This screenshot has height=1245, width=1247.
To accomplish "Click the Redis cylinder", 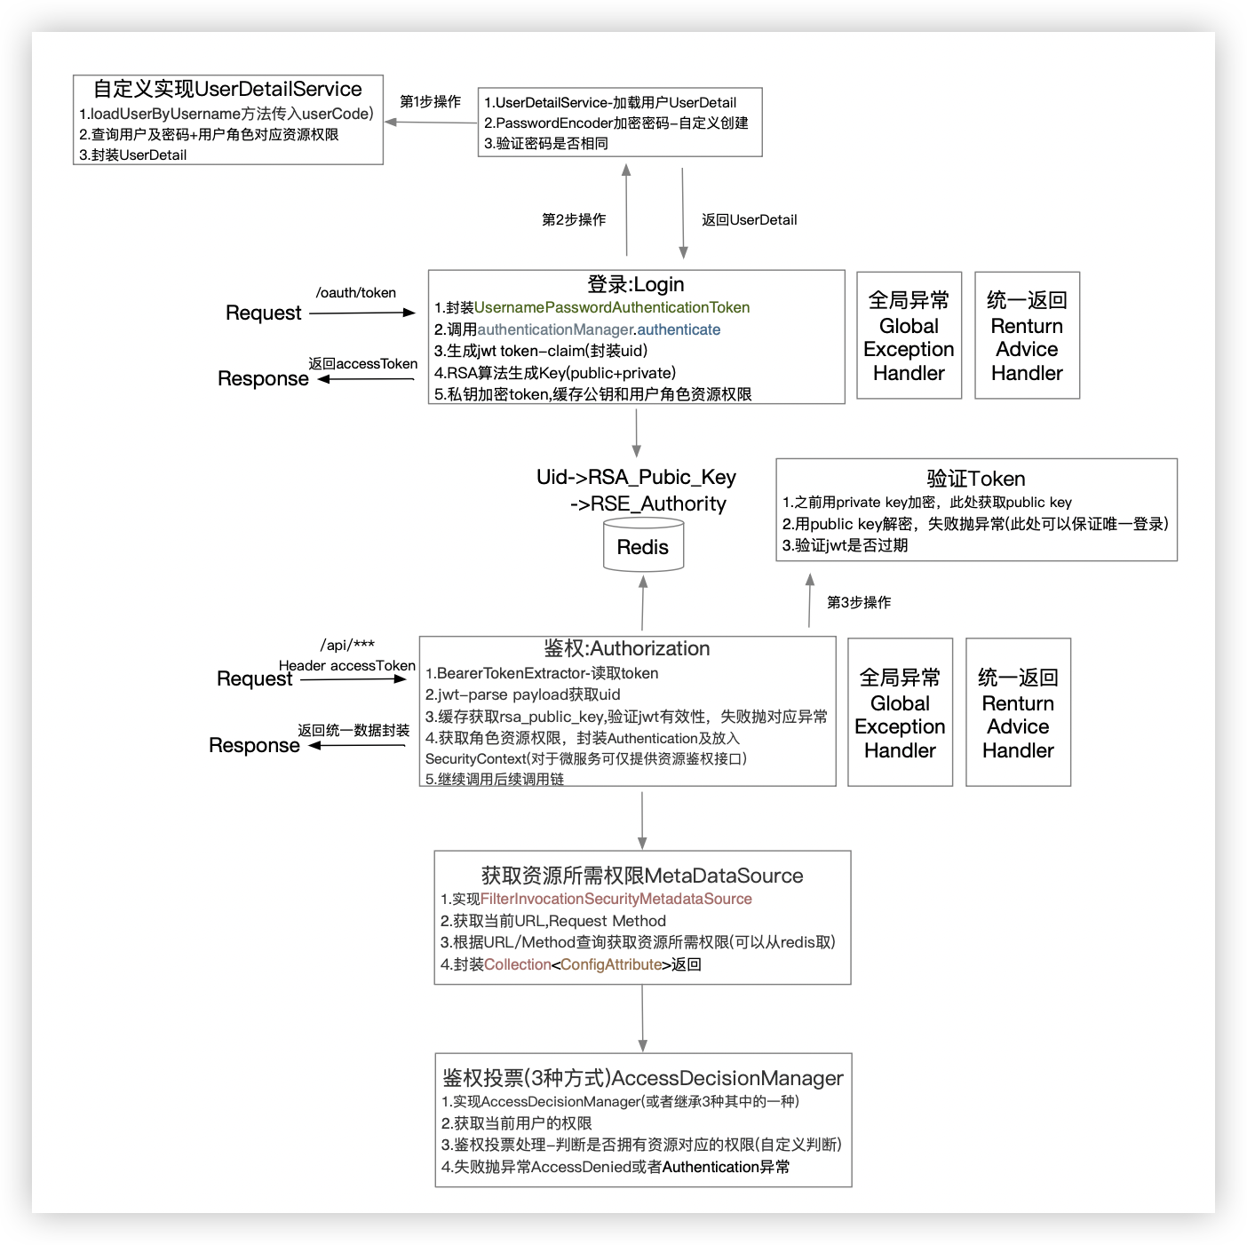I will click(x=642, y=546).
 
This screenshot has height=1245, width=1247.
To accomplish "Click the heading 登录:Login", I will click(x=635, y=284).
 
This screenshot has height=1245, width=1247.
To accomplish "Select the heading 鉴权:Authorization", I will click(x=626, y=648).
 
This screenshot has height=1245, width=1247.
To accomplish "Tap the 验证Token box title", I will click(x=975, y=479).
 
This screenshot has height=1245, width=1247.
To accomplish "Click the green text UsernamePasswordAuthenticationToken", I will click(x=612, y=307).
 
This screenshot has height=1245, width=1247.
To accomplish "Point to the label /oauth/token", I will click(x=355, y=293).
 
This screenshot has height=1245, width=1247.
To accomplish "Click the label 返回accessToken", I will click(x=362, y=363).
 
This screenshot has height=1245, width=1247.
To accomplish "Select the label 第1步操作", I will click(x=430, y=102).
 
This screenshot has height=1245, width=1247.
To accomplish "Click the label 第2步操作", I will click(x=574, y=219).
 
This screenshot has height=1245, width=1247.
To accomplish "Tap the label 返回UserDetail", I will click(x=749, y=219).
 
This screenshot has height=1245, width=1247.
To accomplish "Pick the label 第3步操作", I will click(x=859, y=602).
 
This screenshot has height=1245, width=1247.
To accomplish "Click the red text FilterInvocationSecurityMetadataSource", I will click(x=616, y=899).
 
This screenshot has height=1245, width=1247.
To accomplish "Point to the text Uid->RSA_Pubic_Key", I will click(x=636, y=477).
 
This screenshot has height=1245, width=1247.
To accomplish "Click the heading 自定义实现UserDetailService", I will click(x=227, y=89).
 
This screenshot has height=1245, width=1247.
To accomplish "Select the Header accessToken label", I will click(x=346, y=665).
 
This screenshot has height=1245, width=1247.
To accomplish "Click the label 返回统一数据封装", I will click(x=353, y=730).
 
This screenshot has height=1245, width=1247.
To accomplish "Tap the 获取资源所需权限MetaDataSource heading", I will click(x=642, y=876).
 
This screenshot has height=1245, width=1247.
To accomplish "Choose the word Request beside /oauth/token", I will click(x=264, y=313).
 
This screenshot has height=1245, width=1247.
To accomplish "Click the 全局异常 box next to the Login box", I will click(x=909, y=336).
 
